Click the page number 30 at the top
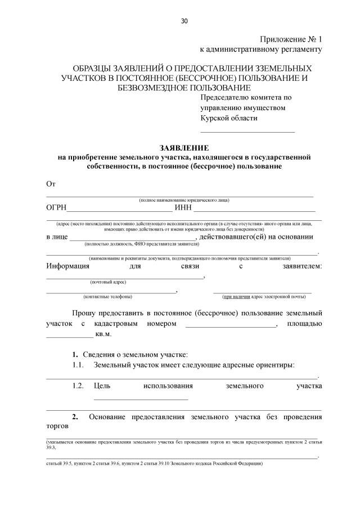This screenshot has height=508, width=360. pyautogui.click(x=184, y=21)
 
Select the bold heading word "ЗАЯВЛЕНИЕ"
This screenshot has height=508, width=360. pyautogui.click(x=184, y=148)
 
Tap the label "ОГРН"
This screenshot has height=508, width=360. pyautogui.click(x=56, y=207)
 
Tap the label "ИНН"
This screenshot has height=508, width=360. pyautogui.click(x=183, y=207)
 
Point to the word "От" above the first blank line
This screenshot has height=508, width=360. pyautogui.click(x=51, y=184)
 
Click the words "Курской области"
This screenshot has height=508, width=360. pyautogui.click(x=229, y=117)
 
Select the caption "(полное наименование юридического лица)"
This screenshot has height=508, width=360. pyautogui.click(x=184, y=200)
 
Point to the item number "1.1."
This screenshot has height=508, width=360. pyautogui.click(x=78, y=365)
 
